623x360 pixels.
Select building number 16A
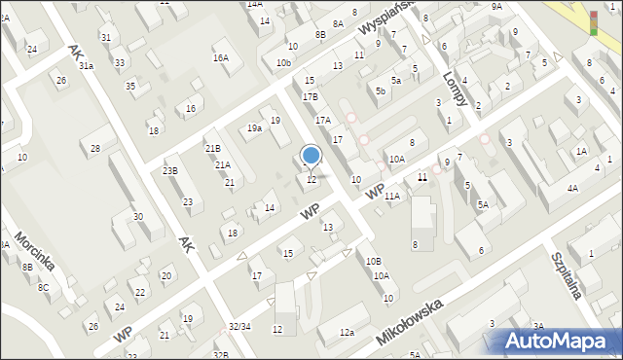pyautogui.click(x=221, y=58)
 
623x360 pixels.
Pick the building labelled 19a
pyautogui.click(x=254, y=127)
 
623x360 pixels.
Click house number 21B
pyautogui.click(x=212, y=148)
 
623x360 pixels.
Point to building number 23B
pyautogui.click(x=170, y=171)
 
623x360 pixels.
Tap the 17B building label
pyautogui.click(x=310, y=97)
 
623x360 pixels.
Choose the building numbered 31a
pyautogui.click(x=86, y=65)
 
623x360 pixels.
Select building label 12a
pyautogui.click(x=347, y=333)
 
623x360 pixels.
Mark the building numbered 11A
pyautogui.click(x=391, y=197)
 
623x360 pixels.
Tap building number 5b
pyautogui.click(x=382, y=91)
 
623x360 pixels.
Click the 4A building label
pyautogui.click(x=573, y=188)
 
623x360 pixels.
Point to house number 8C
pyautogui.click(x=43, y=287)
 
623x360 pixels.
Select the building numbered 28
pyautogui.click(x=95, y=148)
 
